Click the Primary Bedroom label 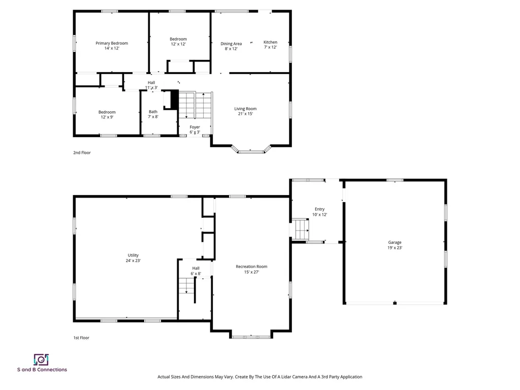click(112, 43)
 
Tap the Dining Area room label click(231, 44)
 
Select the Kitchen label click(270, 42)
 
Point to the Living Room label click(245, 109)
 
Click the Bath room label click(153, 112)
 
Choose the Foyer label click(195, 127)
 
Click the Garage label click(395, 243)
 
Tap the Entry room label click(319, 209)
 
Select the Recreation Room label click(251, 267)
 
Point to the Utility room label click(133, 255)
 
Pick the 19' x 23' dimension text click(395, 248)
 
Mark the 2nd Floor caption click(82, 152)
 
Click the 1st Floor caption click(81, 338)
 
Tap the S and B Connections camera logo click(41, 360)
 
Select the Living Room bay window click(251, 151)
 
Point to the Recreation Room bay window click(251, 336)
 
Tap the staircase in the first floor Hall click(186, 287)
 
